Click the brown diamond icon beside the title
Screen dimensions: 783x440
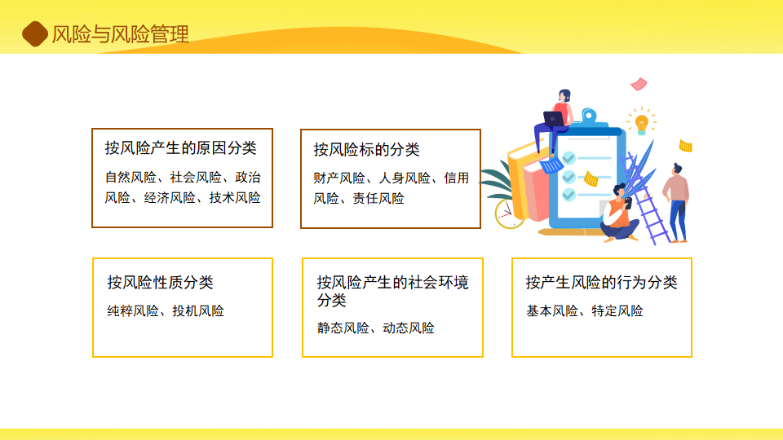click(x=35, y=34)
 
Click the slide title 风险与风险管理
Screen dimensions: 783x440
click(x=121, y=34)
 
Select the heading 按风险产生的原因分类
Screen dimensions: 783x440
click(x=181, y=147)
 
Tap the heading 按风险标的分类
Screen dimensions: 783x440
click(x=366, y=149)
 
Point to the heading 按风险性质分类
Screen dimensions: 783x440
click(x=161, y=283)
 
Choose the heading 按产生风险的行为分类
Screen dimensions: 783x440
click(x=601, y=283)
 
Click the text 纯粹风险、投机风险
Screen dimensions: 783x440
click(x=166, y=310)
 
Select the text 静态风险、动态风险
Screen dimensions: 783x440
click(x=376, y=328)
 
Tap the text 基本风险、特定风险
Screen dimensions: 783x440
click(x=585, y=310)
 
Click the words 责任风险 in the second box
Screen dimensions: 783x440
click(x=378, y=199)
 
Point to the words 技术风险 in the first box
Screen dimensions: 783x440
click(x=235, y=197)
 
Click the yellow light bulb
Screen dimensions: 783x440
click(x=642, y=124)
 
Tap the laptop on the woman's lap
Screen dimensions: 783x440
click(x=553, y=119)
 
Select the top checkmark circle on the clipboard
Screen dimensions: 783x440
click(x=568, y=158)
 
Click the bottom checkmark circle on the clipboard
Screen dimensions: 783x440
click(x=568, y=195)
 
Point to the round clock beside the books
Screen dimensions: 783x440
click(x=509, y=213)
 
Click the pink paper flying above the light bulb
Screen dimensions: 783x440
click(x=639, y=84)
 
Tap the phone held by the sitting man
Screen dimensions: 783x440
click(x=628, y=203)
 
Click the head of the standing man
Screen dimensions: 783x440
click(x=677, y=168)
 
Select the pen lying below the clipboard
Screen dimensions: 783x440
click(x=569, y=232)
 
